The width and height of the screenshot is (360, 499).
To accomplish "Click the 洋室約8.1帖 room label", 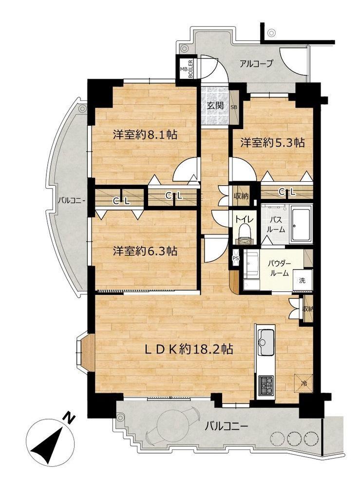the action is [145, 135].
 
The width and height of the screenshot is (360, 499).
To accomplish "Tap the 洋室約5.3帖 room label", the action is [272, 143].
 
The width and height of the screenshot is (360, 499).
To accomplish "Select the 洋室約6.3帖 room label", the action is [145, 251].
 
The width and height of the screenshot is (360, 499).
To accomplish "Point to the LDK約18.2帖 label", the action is [189, 349].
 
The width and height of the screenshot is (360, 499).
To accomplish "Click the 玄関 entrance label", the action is [215, 105].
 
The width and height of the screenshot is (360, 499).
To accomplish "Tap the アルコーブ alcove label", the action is [256, 64].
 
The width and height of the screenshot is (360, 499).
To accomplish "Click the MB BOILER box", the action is [187, 68].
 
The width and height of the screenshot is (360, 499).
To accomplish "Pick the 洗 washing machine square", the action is [303, 280].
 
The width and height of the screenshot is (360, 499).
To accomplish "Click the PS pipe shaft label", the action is [236, 258].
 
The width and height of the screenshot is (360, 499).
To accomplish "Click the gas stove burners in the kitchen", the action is [265, 385].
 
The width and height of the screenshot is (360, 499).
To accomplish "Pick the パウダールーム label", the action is [279, 268].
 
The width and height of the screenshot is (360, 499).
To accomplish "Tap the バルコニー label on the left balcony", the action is [71, 201].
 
